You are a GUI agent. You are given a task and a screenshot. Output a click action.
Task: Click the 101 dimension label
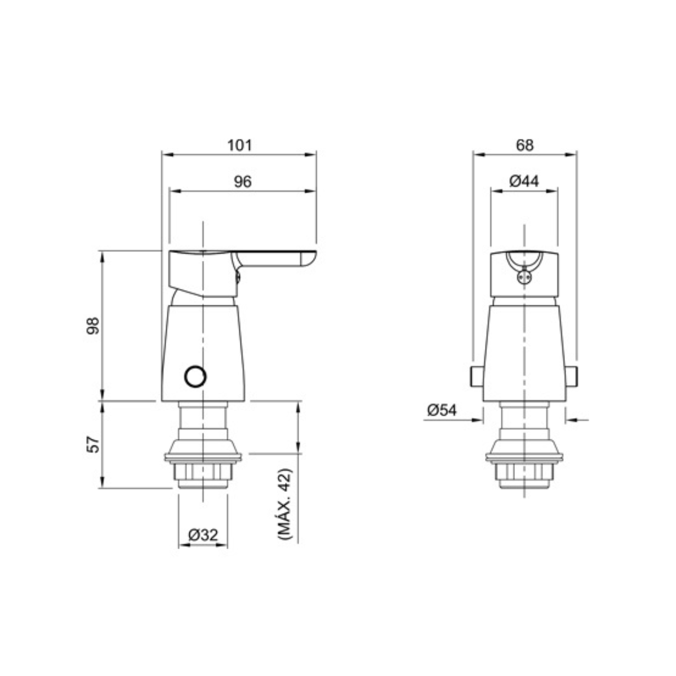(239, 145)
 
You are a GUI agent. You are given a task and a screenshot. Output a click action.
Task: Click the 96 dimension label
(243, 182)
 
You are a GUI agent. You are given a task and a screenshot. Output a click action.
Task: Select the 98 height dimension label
(93, 326)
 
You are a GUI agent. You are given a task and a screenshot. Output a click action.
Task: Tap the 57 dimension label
(93, 444)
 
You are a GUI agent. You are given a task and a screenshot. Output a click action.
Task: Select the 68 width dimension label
(524, 145)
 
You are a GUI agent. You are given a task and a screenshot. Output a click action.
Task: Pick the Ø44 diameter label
(524, 181)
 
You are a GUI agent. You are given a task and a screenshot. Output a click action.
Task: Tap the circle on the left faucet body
(195, 377)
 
